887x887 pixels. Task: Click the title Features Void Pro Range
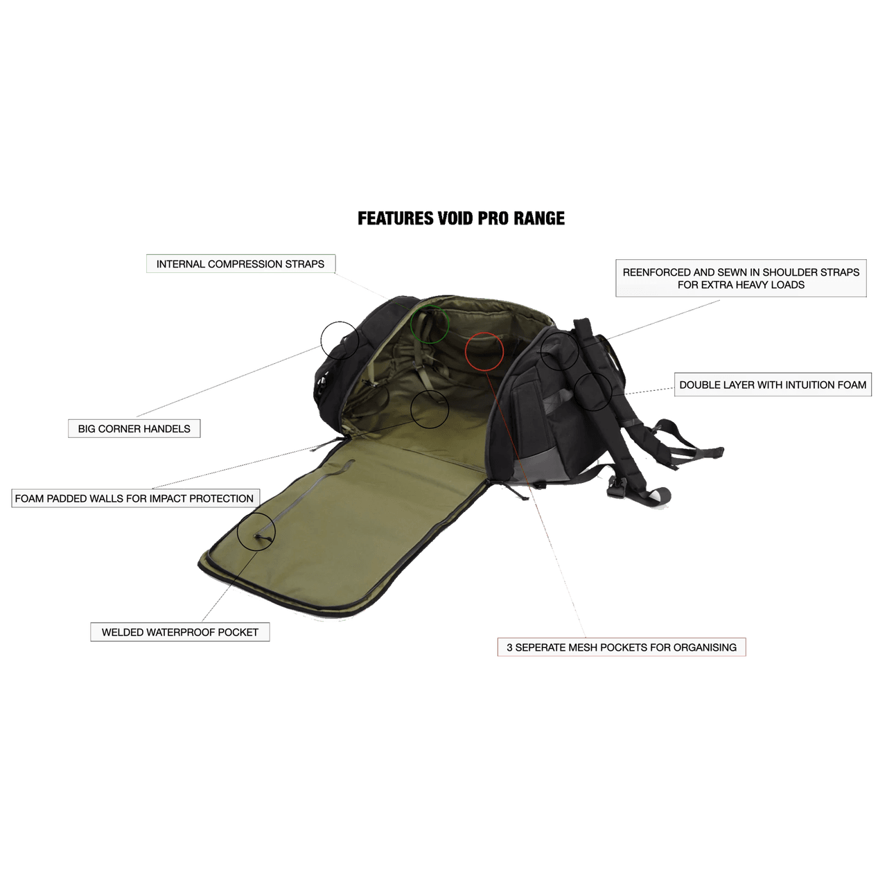462,218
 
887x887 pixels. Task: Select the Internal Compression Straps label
240,263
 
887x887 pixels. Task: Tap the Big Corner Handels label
134,428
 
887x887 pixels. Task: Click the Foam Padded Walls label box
135,498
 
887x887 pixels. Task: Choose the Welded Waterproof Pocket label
180,632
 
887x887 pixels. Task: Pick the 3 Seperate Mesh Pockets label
622,647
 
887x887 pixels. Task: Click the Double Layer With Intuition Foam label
773,385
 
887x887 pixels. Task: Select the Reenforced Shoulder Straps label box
741,278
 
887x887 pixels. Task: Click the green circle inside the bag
429,323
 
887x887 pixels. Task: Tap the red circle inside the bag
484,351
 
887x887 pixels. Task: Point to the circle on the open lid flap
256,532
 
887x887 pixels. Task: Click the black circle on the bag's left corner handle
340,340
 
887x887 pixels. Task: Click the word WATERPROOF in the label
180,632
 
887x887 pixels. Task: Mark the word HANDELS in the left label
168,428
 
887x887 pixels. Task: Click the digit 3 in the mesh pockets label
509,647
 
